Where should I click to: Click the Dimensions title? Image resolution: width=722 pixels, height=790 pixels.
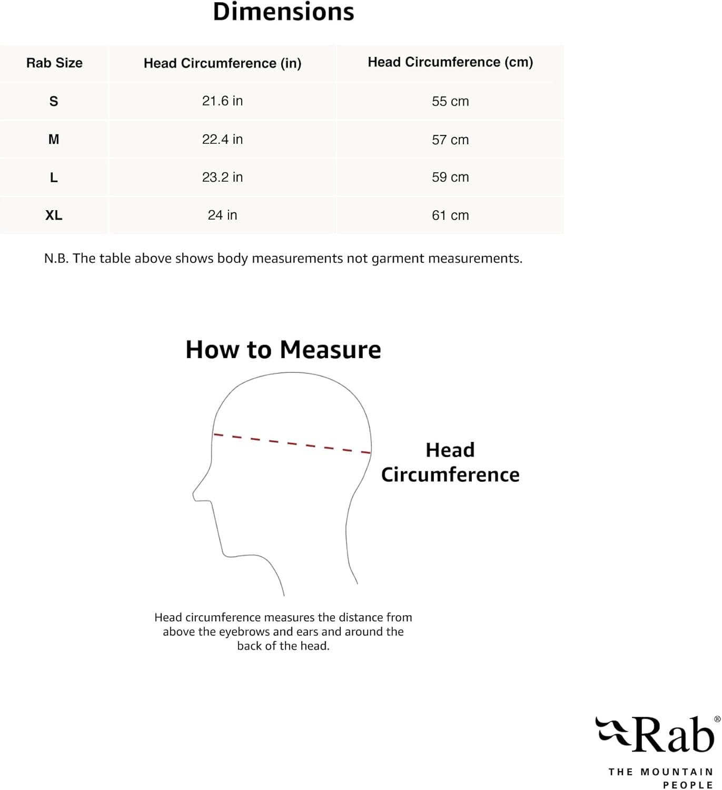[x=283, y=12]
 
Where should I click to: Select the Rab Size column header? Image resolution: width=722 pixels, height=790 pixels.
[x=54, y=63]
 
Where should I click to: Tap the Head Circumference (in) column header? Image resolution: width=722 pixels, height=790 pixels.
[x=222, y=63]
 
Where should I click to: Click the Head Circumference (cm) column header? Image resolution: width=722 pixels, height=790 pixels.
[x=450, y=62]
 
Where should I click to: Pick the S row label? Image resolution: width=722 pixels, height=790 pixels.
[x=54, y=101]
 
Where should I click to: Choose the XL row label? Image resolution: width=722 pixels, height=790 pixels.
[x=54, y=215]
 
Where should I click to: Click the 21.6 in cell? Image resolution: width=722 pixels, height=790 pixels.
[x=222, y=101]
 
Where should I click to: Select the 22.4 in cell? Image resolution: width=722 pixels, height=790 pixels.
[x=222, y=139]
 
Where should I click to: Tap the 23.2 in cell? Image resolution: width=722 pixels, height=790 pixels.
[x=222, y=177]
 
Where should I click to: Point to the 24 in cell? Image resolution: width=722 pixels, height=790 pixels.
[x=222, y=215]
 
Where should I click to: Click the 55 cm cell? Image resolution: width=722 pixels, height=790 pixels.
[x=450, y=101]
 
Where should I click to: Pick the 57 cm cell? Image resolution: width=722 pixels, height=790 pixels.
[x=450, y=140]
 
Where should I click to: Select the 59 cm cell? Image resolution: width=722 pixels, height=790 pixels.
[x=450, y=177]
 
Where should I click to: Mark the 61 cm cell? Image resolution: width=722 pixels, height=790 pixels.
[x=450, y=215]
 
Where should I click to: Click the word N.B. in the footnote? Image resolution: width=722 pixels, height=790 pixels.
[x=56, y=258]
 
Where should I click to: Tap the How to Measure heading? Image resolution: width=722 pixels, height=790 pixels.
[x=283, y=350]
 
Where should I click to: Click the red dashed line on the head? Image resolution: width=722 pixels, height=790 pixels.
[x=292, y=443]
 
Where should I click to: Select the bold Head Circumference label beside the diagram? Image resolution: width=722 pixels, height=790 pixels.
[x=450, y=462]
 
